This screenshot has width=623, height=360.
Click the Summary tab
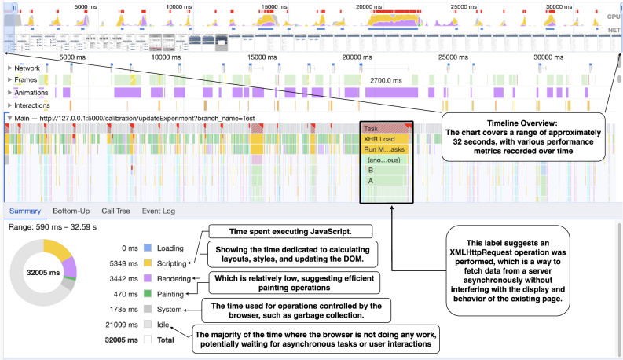(x=24, y=211)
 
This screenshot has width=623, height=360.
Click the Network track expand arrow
(x=9, y=68)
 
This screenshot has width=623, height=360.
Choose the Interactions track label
(x=31, y=105)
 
